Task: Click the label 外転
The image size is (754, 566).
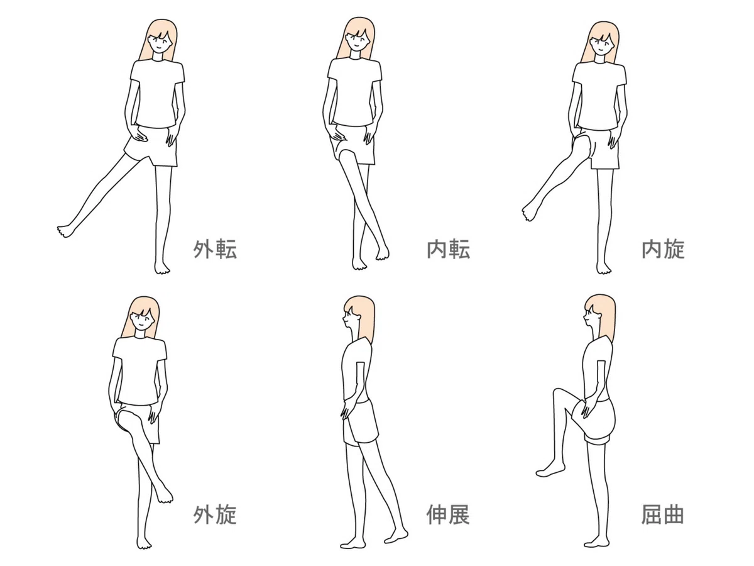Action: point(215,249)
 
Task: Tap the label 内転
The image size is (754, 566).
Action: point(448,249)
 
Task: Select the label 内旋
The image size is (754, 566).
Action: point(663,249)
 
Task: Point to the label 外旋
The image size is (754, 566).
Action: point(215,514)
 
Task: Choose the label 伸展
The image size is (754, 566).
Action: point(448,514)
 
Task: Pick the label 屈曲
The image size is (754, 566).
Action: point(662,514)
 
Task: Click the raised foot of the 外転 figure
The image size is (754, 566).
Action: point(67,231)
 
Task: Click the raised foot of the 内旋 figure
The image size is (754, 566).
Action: point(531,211)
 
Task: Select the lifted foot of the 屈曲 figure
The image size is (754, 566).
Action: point(550,471)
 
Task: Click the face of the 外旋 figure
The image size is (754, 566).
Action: point(141,320)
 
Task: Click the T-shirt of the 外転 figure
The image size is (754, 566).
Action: point(157,94)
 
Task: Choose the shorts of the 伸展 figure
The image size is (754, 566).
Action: point(360,422)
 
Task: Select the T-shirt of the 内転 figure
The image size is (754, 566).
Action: point(354,91)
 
